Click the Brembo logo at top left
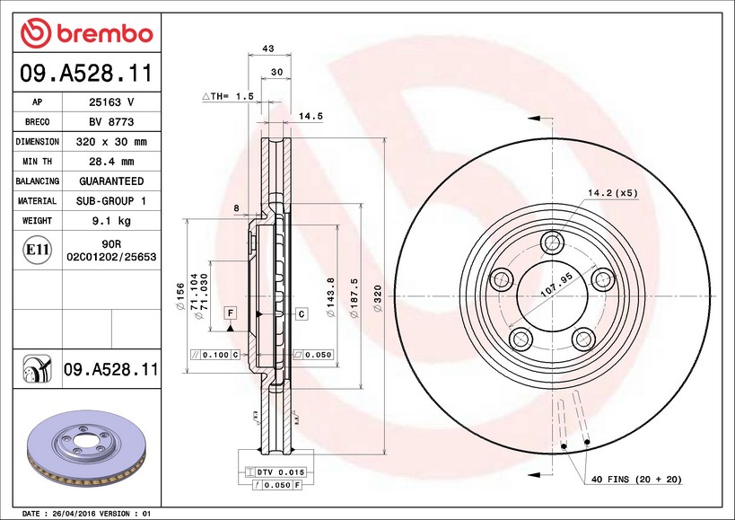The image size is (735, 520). click(x=87, y=33)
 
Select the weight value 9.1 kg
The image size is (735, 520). click(x=111, y=220)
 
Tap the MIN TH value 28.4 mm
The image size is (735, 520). click(x=111, y=162)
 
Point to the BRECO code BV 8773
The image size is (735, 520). click(x=111, y=122)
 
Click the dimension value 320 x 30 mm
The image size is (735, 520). click(x=111, y=142)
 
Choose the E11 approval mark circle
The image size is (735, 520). click(x=38, y=250)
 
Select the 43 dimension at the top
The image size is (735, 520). click(x=268, y=48)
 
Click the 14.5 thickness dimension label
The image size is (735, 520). click(x=311, y=116)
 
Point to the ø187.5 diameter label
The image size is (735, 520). click(x=354, y=297)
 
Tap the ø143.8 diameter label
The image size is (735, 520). click(x=330, y=297)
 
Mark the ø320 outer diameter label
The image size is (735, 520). click(x=378, y=297)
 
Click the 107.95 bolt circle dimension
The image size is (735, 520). click(x=557, y=285)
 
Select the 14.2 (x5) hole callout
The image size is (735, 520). click(x=613, y=193)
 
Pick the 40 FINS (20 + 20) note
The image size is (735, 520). click(x=636, y=480)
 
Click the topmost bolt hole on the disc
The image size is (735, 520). click(x=552, y=242)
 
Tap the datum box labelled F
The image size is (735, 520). click(x=230, y=313)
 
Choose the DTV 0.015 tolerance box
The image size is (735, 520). click(x=276, y=472)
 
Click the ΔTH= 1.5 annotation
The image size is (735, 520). click(x=228, y=96)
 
